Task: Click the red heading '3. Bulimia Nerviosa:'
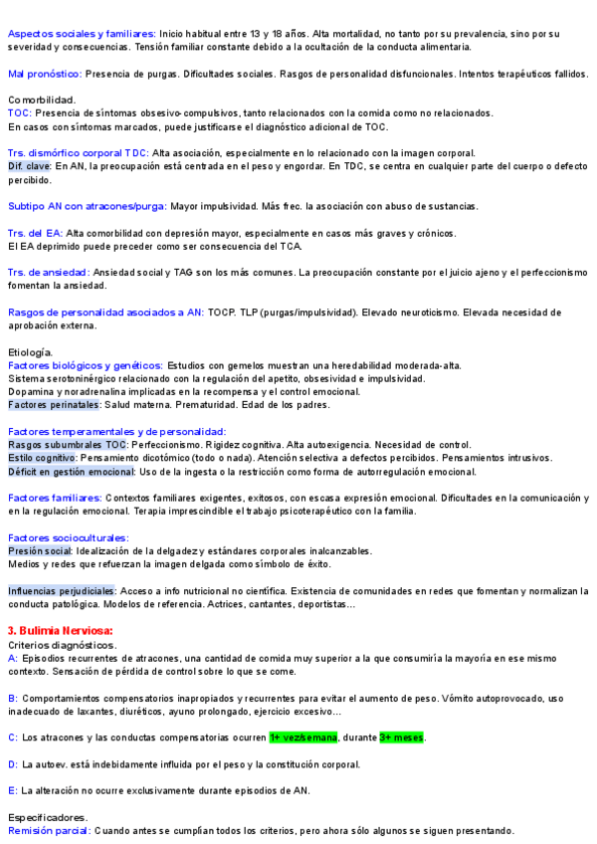(60, 630)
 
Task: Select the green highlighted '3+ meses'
(402, 738)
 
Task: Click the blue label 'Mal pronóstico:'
(45, 74)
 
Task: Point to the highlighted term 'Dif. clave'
(29, 166)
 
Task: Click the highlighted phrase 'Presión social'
(40, 550)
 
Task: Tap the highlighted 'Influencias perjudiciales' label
(62, 591)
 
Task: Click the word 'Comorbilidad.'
(42, 100)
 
